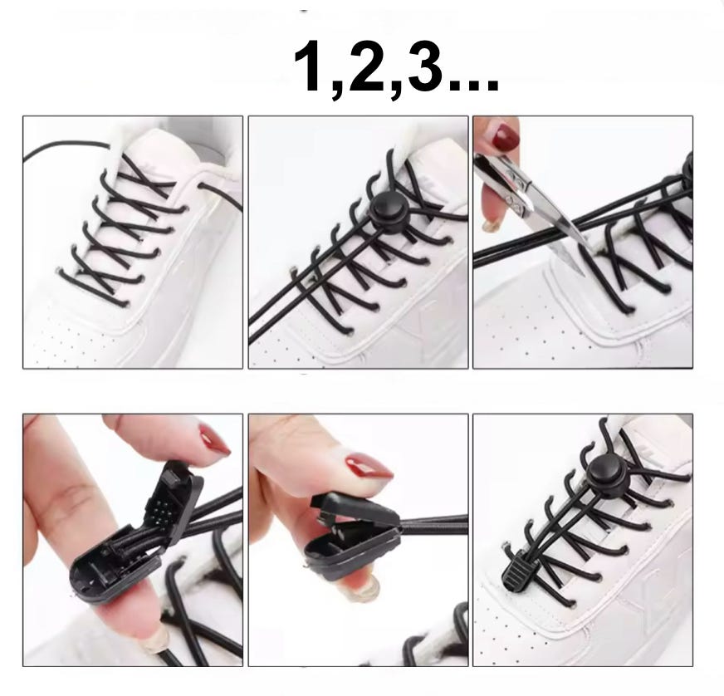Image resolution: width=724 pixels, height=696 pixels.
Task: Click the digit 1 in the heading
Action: (310, 66)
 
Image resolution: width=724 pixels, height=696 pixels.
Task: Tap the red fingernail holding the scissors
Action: (506, 135)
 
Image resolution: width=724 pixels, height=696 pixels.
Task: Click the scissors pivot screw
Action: (511, 201)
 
